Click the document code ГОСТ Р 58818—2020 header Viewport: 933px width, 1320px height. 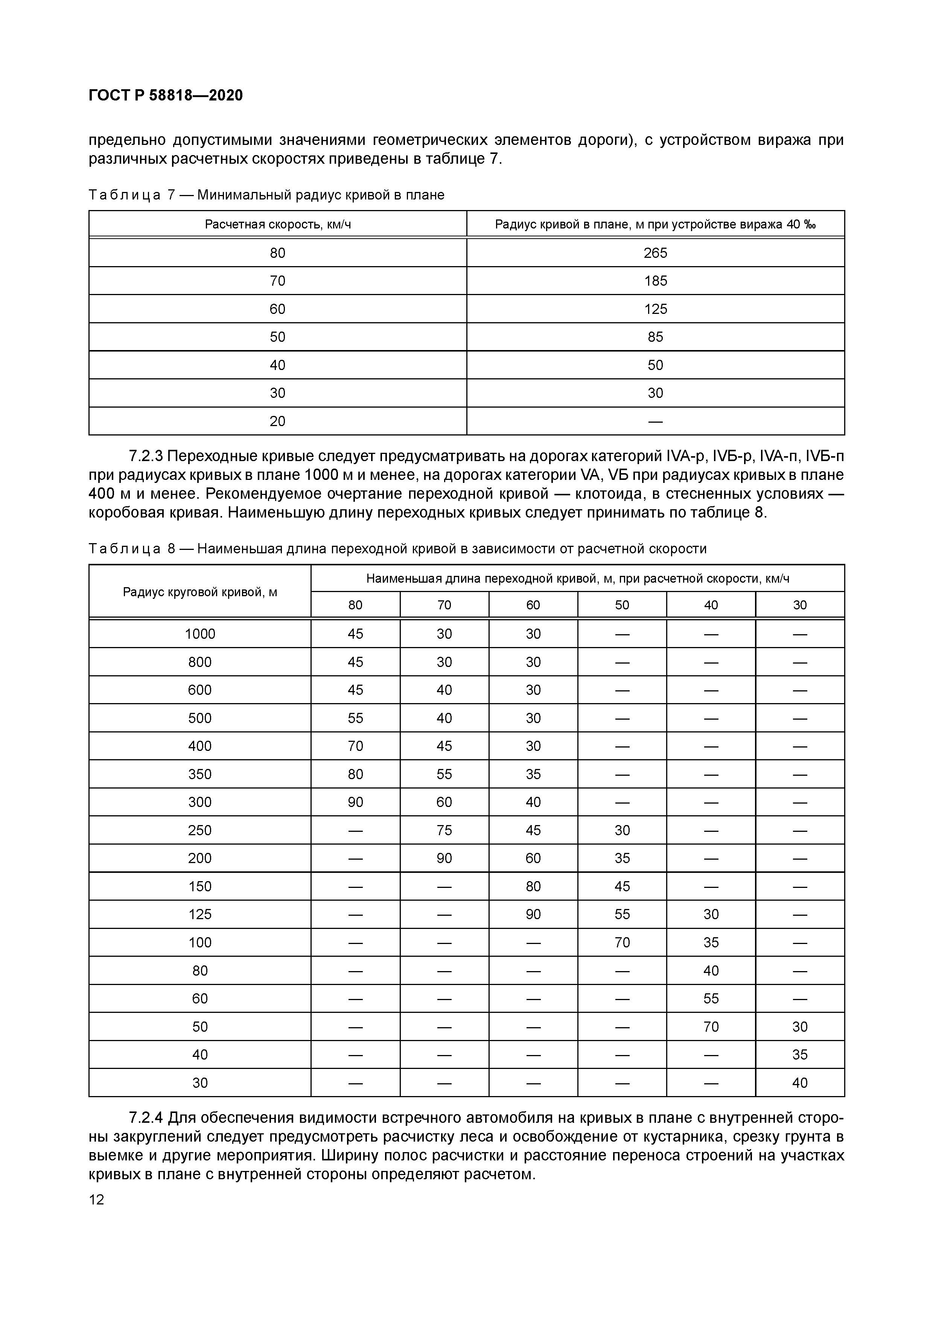coord(166,96)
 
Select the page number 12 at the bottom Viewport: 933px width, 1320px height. coord(97,1199)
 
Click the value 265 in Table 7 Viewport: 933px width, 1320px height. coord(655,253)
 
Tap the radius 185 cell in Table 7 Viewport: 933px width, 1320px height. coord(655,281)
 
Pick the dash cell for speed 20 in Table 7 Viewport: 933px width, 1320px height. coord(655,422)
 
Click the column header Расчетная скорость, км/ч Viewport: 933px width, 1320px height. coord(278,224)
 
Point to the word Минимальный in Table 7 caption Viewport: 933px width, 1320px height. coord(245,195)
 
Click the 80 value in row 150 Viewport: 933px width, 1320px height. coord(533,886)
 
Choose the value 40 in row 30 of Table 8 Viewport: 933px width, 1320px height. coord(800,1082)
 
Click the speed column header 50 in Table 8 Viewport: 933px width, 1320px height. coord(622,605)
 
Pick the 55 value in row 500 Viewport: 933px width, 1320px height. coord(355,718)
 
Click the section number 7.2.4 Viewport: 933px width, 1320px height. coord(146,1118)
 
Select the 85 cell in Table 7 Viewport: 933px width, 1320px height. coord(655,337)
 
